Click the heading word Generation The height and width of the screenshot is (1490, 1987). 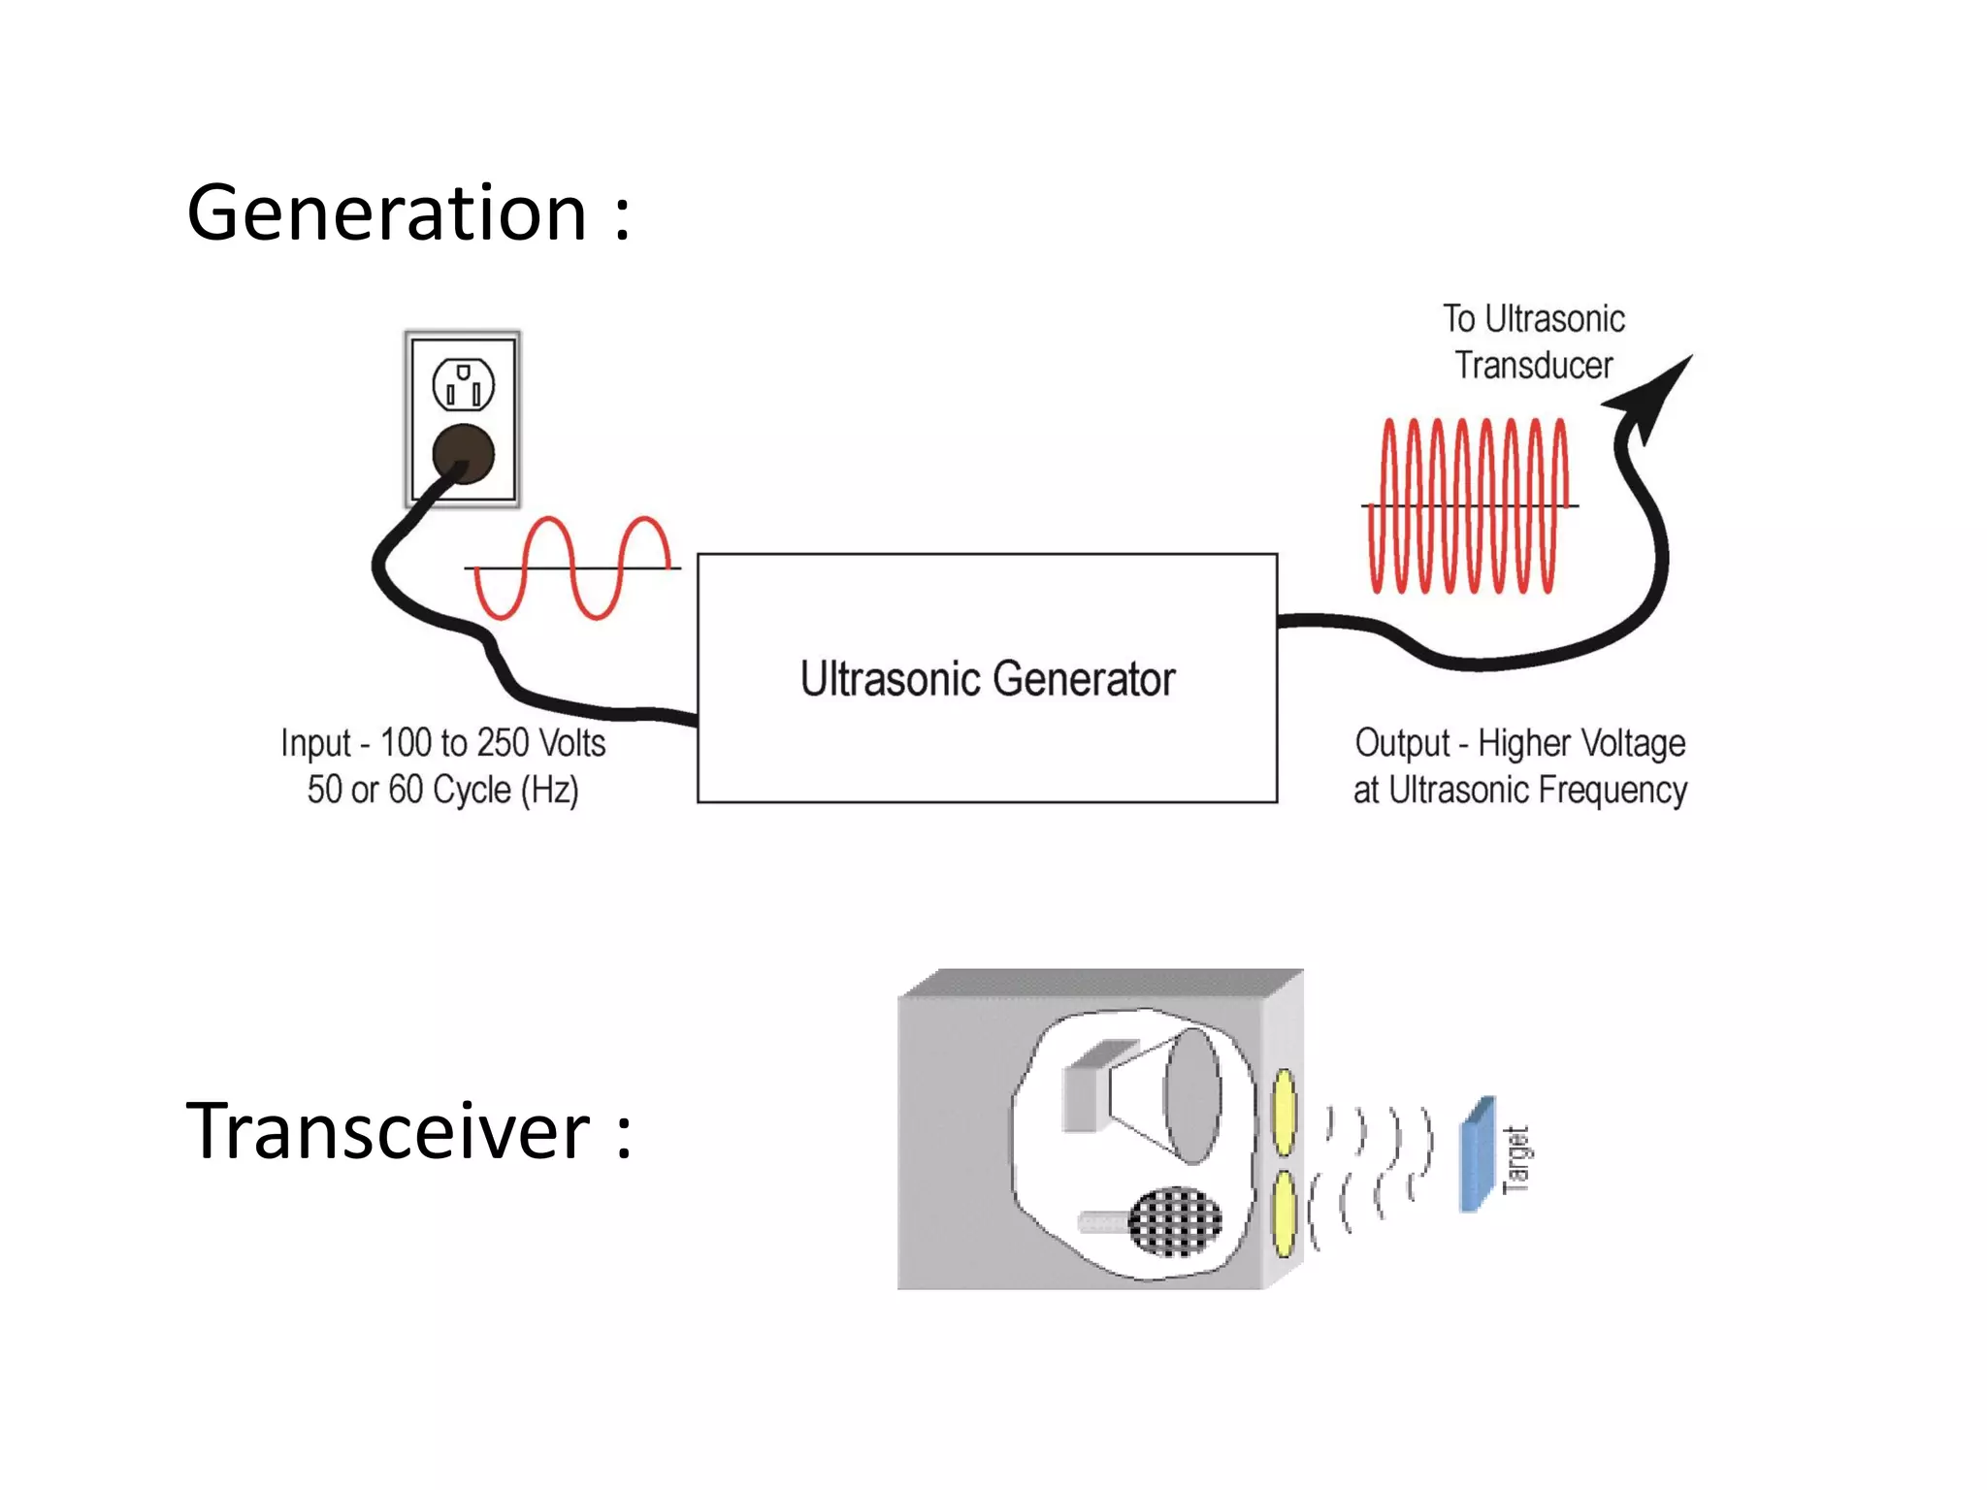(x=386, y=213)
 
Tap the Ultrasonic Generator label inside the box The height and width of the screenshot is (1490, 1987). (x=987, y=679)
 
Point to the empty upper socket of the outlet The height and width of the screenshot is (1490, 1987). (x=463, y=385)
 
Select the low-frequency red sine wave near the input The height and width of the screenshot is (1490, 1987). (x=572, y=568)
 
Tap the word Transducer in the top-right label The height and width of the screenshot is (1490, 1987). (x=1533, y=366)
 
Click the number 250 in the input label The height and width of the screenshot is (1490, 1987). (x=503, y=743)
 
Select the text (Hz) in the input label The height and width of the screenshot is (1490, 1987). (x=550, y=790)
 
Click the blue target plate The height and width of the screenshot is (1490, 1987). (x=1477, y=1154)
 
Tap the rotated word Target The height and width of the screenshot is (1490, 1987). (x=1515, y=1159)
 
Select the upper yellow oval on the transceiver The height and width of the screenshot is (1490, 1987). (x=1284, y=1112)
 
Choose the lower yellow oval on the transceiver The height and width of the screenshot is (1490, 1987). (x=1284, y=1214)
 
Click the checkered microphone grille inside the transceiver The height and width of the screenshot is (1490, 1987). (x=1175, y=1221)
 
